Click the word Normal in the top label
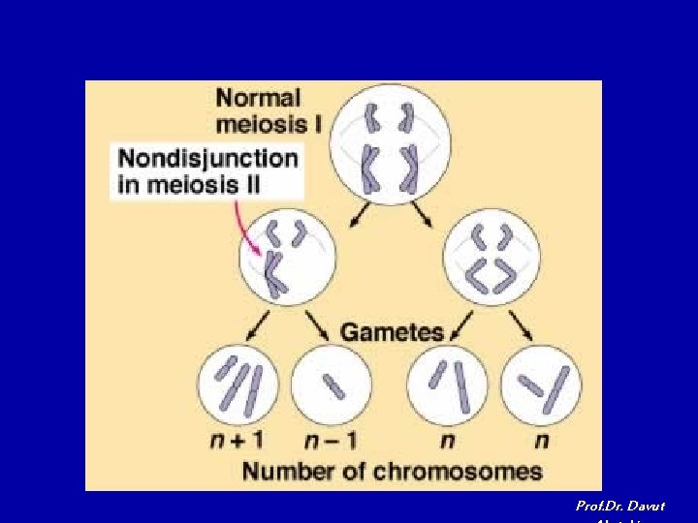pyautogui.click(x=258, y=98)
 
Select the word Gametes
pyautogui.click(x=392, y=332)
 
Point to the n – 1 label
pyautogui.click(x=330, y=442)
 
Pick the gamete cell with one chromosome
pyautogui.click(x=331, y=385)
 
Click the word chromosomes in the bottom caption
pyautogui.click(x=460, y=472)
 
